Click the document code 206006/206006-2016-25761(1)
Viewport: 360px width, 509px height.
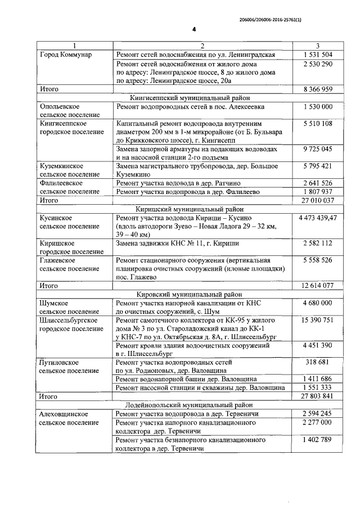(286, 19)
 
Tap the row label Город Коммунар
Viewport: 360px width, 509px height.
(66, 55)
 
